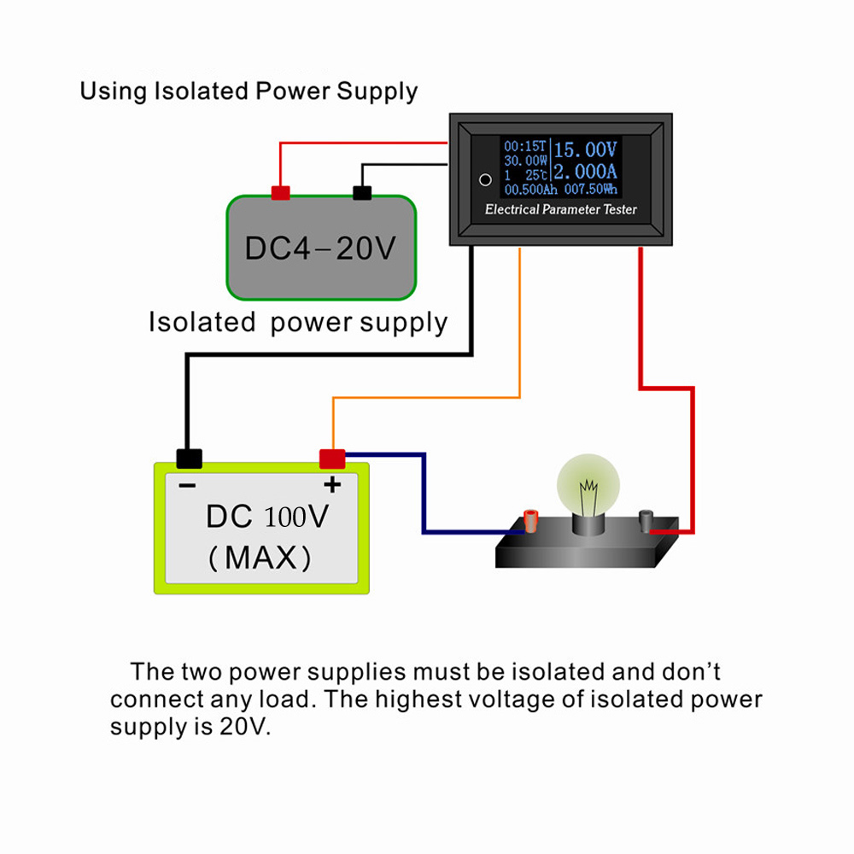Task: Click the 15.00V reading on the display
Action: pyautogui.click(x=586, y=148)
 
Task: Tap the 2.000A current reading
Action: pyautogui.click(x=586, y=172)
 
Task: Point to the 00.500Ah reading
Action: pyautogui.click(x=531, y=188)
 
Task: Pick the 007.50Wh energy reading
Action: pyautogui.click(x=591, y=188)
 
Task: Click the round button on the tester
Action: pyautogui.click(x=485, y=179)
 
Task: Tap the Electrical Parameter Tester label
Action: pyautogui.click(x=560, y=209)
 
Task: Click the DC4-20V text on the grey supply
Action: pyautogui.click(x=320, y=249)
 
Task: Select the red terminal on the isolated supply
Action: pyautogui.click(x=280, y=193)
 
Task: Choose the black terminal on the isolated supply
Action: pyautogui.click(x=363, y=193)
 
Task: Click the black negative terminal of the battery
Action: pyautogui.click(x=189, y=458)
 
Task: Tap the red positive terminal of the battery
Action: pyautogui.click(x=331, y=458)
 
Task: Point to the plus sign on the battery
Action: pyautogui.click(x=331, y=486)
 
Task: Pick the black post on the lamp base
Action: pyautogui.click(x=646, y=518)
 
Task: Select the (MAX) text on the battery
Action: pyautogui.click(x=260, y=559)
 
